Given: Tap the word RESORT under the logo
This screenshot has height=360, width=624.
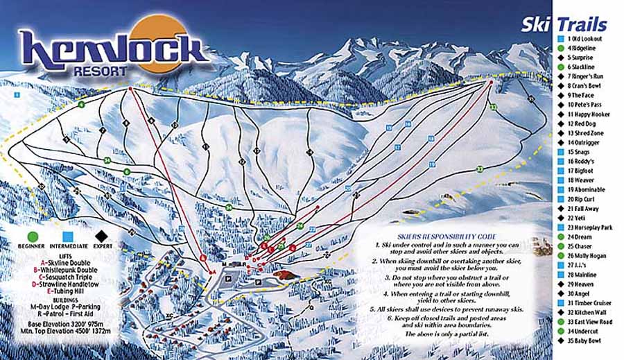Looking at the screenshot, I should tap(100, 70).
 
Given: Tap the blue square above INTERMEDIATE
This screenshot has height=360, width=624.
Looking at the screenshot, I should tap(68, 236).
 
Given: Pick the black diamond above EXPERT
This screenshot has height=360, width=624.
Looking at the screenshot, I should tap(103, 236).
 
